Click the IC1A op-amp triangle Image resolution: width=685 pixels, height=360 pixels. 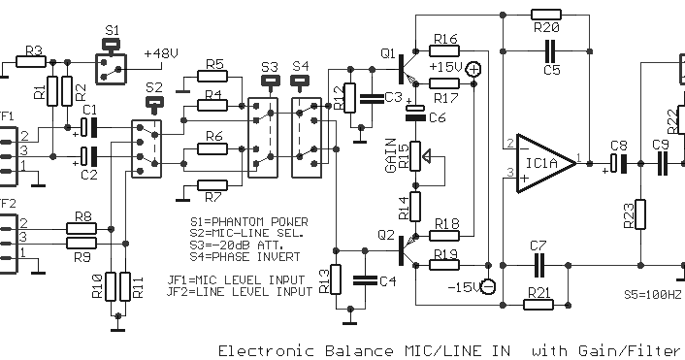[538, 162]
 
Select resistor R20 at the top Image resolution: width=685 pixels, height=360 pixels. [546, 16]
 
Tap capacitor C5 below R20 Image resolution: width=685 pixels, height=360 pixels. [551, 48]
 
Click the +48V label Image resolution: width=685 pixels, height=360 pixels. [159, 53]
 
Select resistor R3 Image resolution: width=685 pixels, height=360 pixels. [30, 61]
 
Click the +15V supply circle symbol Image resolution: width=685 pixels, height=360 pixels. [473, 68]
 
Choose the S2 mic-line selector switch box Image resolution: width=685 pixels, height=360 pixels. [147, 146]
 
